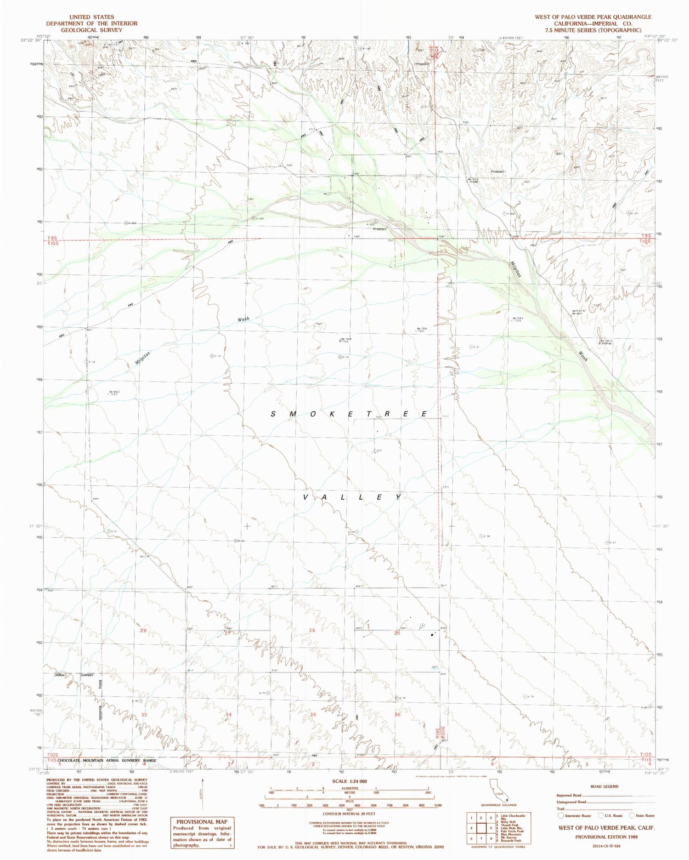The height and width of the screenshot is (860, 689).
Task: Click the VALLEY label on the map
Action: point(353,497)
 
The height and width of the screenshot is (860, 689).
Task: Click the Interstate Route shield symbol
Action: point(560,815)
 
